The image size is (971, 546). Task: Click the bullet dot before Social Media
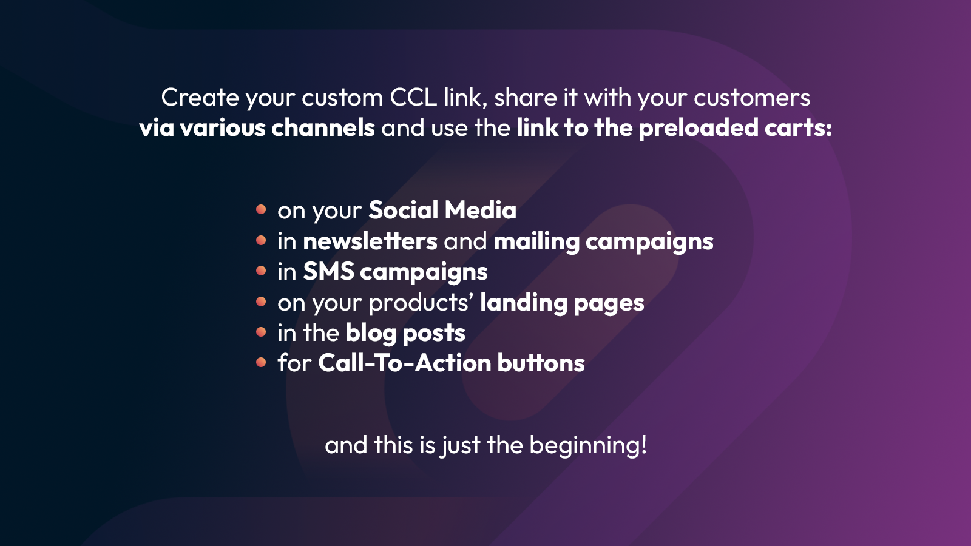coord(261,209)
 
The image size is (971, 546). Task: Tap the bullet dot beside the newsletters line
coord(261,240)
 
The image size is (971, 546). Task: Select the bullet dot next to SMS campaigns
coord(261,271)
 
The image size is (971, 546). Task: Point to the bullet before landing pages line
coord(261,302)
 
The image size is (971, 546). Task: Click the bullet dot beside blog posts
coord(261,332)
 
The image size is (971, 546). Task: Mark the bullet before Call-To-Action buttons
coord(261,362)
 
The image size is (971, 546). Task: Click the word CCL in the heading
coord(413,98)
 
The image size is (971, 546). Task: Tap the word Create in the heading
coord(200,98)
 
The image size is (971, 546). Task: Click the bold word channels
coord(323,128)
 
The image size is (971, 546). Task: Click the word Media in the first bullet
coord(480,211)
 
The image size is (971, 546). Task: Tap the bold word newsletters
coord(370,241)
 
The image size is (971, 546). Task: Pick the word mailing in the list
coord(536,241)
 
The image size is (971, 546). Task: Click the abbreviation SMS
coord(328,272)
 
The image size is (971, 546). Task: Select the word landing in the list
coord(524,303)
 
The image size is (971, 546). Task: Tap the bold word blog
coord(371,333)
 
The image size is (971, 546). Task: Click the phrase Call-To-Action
coord(404,363)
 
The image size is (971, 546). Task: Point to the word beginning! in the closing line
coord(588,446)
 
